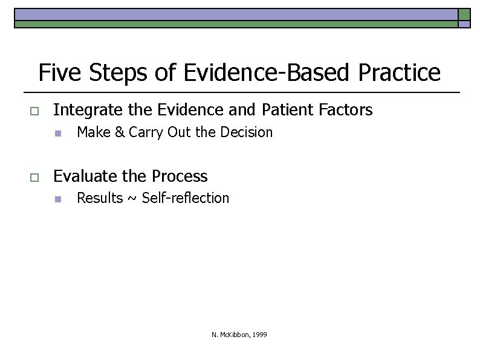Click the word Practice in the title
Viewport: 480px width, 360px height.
pyautogui.click(x=400, y=73)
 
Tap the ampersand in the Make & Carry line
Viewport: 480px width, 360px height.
pyautogui.click(x=118, y=132)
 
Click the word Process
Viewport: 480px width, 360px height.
pyautogui.click(x=180, y=176)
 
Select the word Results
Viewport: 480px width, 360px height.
pyautogui.click(x=100, y=198)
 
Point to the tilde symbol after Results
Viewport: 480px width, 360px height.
pyautogui.click(x=132, y=199)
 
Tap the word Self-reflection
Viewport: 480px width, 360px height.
pyautogui.click(x=186, y=198)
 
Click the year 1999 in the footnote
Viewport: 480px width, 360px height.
pyautogui.click(x=260, y=335)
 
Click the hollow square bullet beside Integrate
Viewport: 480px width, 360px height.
pyautogui.click(x=34, y=111)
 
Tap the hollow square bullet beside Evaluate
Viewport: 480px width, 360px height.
pyautogui.click(x=34, y=177)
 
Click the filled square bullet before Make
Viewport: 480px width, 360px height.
pyautogui.click(x=57, y=133)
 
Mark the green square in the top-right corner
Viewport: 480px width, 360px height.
pyautogui.click(x=464, y=14)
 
